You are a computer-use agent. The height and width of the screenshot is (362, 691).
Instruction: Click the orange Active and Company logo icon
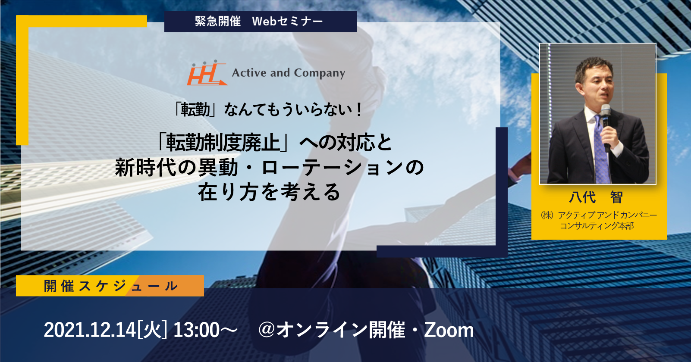point(207,73)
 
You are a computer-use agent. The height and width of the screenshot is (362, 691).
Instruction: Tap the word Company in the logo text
point(319,73)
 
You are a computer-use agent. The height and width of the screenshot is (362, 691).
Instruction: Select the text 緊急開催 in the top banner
point(218,21)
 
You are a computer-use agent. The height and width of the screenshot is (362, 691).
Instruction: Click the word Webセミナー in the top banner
point(288,21)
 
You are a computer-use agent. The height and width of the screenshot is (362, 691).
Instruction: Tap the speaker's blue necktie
point(600,151)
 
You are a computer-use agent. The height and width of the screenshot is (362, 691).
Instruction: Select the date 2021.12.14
point(90,330)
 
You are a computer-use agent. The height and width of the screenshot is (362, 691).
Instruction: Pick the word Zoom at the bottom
point(449,330)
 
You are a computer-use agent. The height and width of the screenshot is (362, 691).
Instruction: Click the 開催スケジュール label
point(110,286)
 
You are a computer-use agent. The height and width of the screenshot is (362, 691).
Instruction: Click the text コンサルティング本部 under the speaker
point(597,226)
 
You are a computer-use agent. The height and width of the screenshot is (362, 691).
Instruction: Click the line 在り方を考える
point(269,192)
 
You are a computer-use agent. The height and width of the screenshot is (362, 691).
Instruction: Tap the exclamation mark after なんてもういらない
point(358,110)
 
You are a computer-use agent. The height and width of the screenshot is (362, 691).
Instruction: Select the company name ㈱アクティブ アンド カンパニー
point(599,215)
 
